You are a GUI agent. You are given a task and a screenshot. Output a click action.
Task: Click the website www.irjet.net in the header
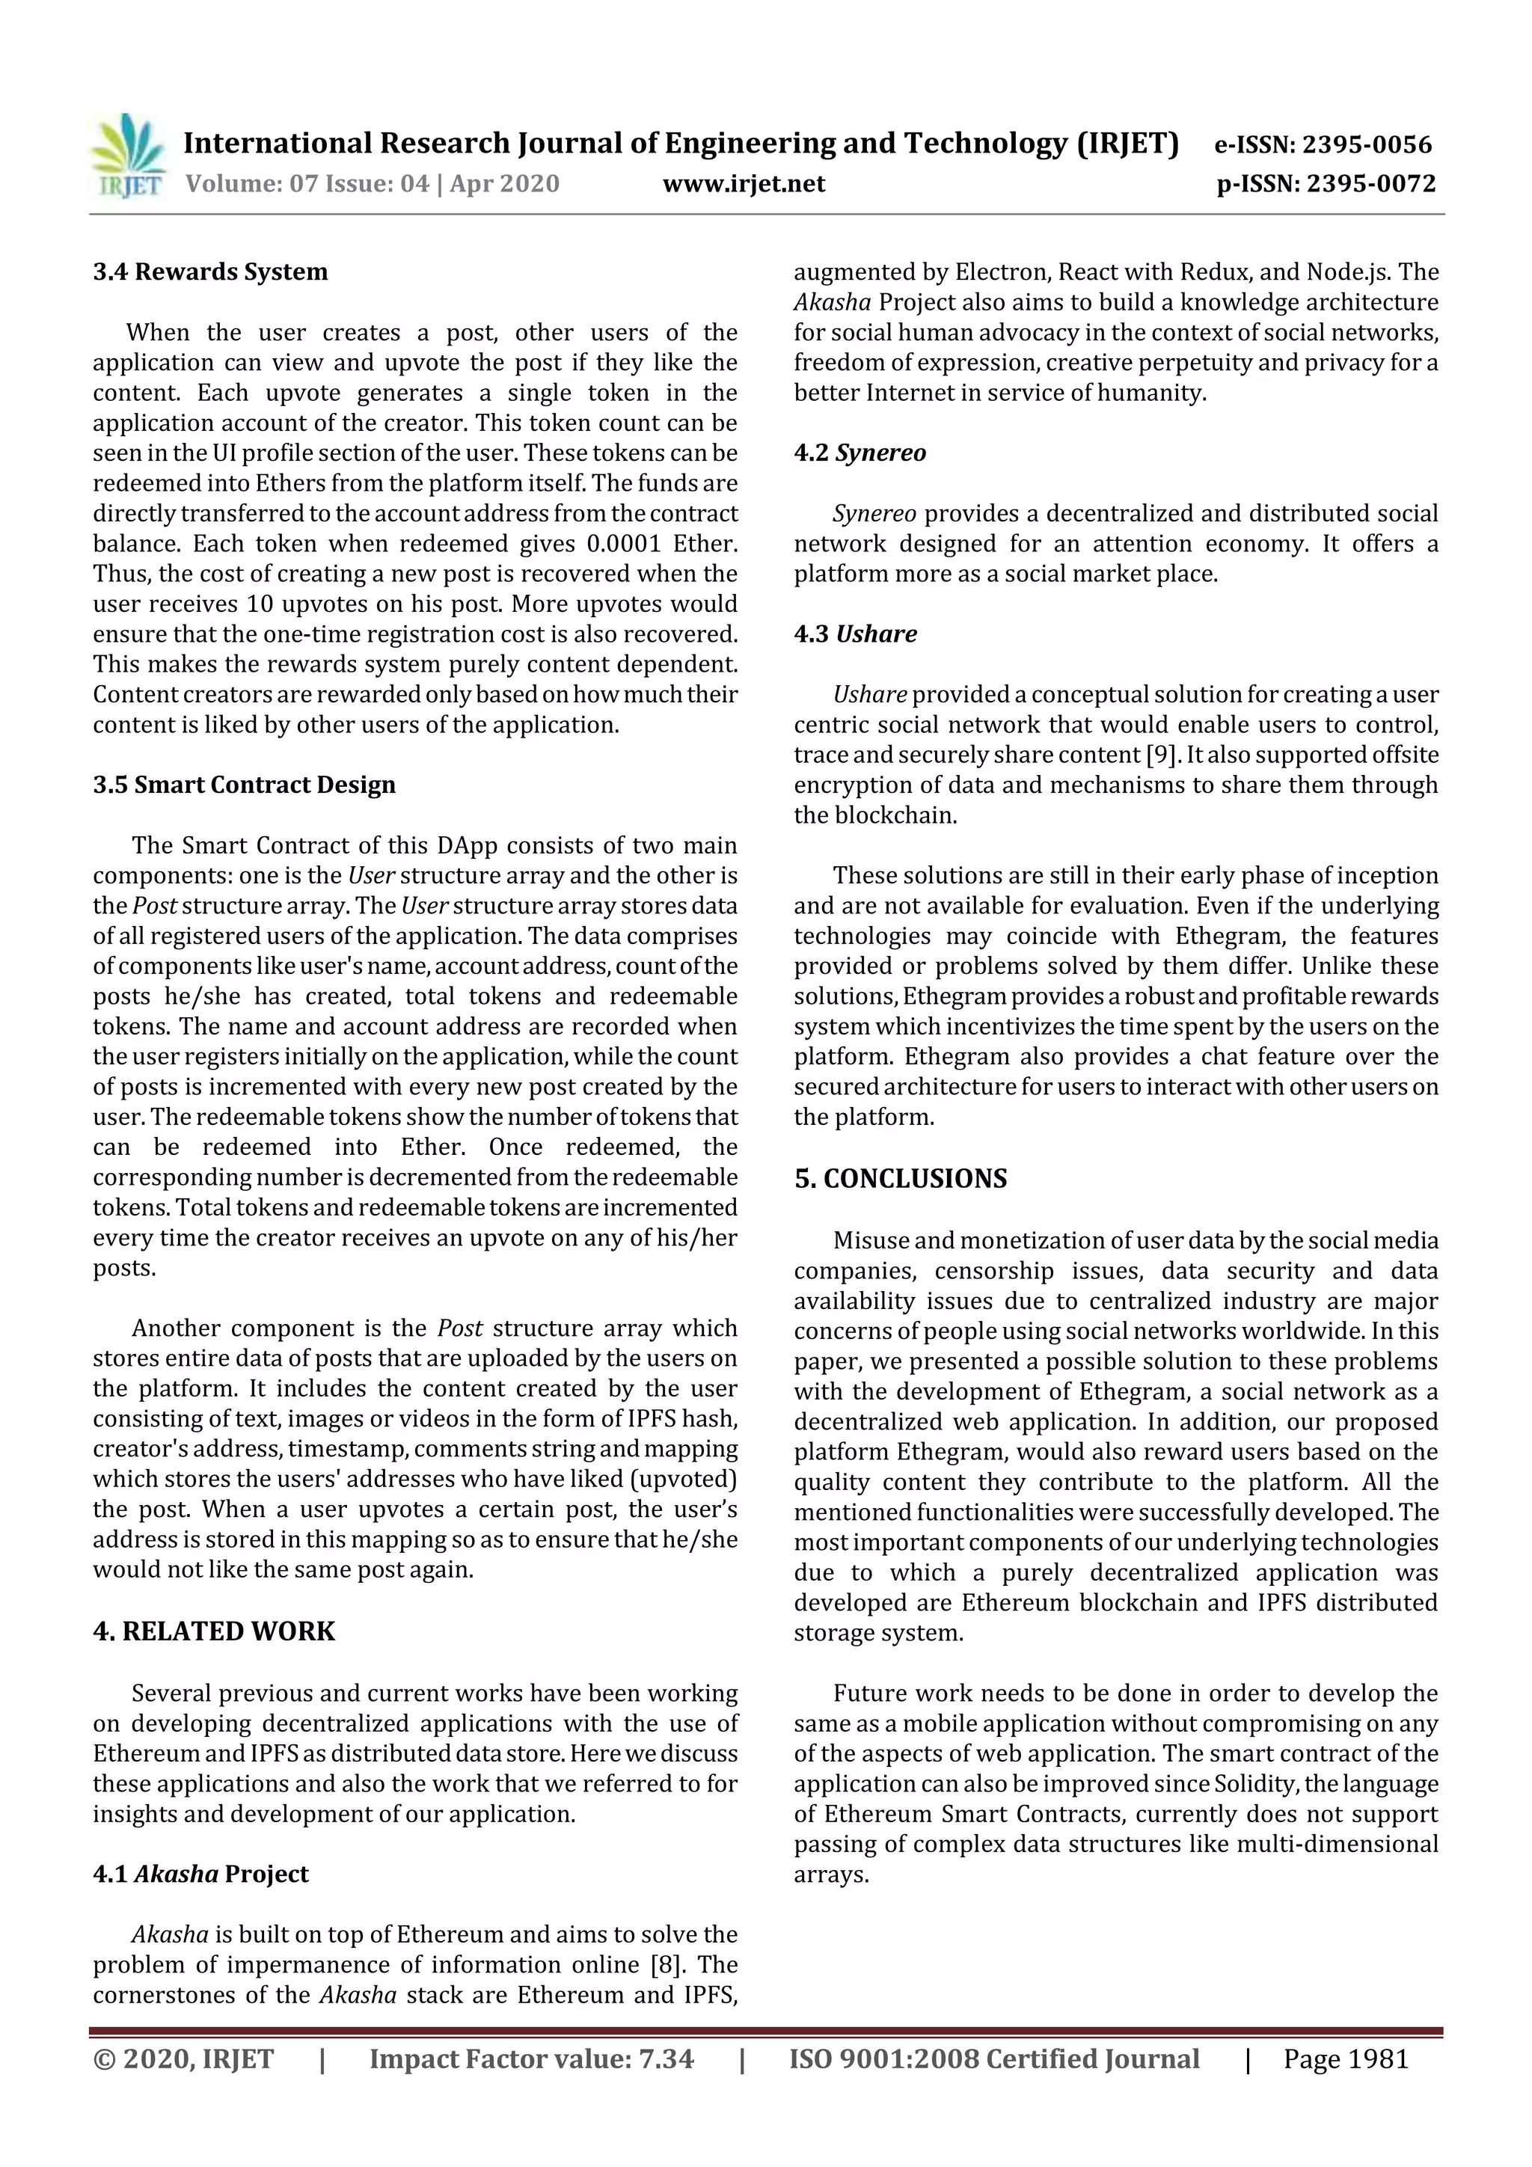[x=744, y=183]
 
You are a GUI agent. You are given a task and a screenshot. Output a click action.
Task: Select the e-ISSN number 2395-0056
[x=1367, y=144]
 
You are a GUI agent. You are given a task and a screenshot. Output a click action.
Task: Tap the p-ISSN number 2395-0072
[x=1370, y=183]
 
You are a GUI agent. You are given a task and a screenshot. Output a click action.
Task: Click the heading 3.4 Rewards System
[x=210, y=272]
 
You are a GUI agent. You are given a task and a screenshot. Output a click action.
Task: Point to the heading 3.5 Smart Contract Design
[x=244, y=785]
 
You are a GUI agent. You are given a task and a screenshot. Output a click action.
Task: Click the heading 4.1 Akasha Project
[x=200, y=1874]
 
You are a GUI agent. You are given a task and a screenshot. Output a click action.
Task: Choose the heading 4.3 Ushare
[x=854, y=634]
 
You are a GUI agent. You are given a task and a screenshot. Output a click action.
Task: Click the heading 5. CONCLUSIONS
[x=900, y=1179]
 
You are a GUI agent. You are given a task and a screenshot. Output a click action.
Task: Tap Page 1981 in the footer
[x=1345, y=2059]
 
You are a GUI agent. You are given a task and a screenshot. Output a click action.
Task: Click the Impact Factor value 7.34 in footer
[x=666, y=2059]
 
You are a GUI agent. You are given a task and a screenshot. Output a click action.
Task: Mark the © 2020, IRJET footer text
[x=183, y=2059]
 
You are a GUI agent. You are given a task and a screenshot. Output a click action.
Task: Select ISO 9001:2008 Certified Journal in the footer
[x=994, y=2059]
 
